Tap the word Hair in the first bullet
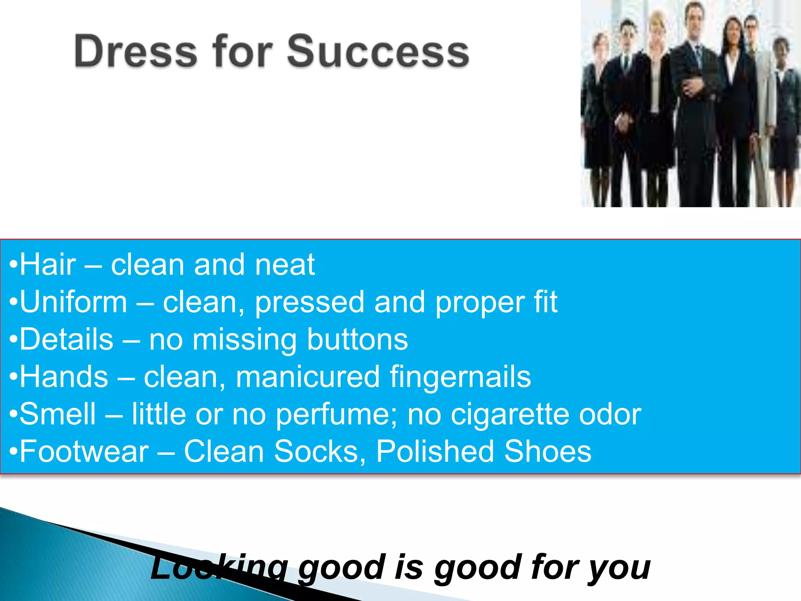[48, 265]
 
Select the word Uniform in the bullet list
[74, 302]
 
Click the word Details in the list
[66, 339]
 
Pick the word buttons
[357, 339]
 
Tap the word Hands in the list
[64, 377]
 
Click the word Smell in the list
[57, 414]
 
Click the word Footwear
[84, 452]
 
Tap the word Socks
[316, 452]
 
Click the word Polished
[435, 452]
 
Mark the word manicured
[307, 377]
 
